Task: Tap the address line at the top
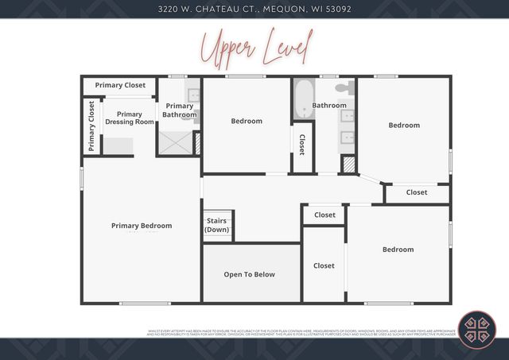pos(254,9)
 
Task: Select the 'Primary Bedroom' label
pos(142,226)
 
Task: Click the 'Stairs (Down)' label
pos(217,225)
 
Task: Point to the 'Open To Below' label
pos(249,274)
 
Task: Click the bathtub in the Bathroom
pos(303,99)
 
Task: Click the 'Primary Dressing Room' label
pos(129,118)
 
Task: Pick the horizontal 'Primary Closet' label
pos(120,85)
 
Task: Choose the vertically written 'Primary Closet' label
pos(91,126)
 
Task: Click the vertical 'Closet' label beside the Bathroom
pos(302,144)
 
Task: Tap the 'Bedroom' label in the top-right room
pos(404,125)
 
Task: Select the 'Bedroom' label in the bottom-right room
pos(398,250)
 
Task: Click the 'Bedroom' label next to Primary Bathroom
pos(247,121)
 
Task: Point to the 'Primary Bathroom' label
pos(179,110)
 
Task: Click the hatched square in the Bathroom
pos(348,164)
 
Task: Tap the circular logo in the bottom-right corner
pos(476,329)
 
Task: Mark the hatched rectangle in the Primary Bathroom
pos(197,143)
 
